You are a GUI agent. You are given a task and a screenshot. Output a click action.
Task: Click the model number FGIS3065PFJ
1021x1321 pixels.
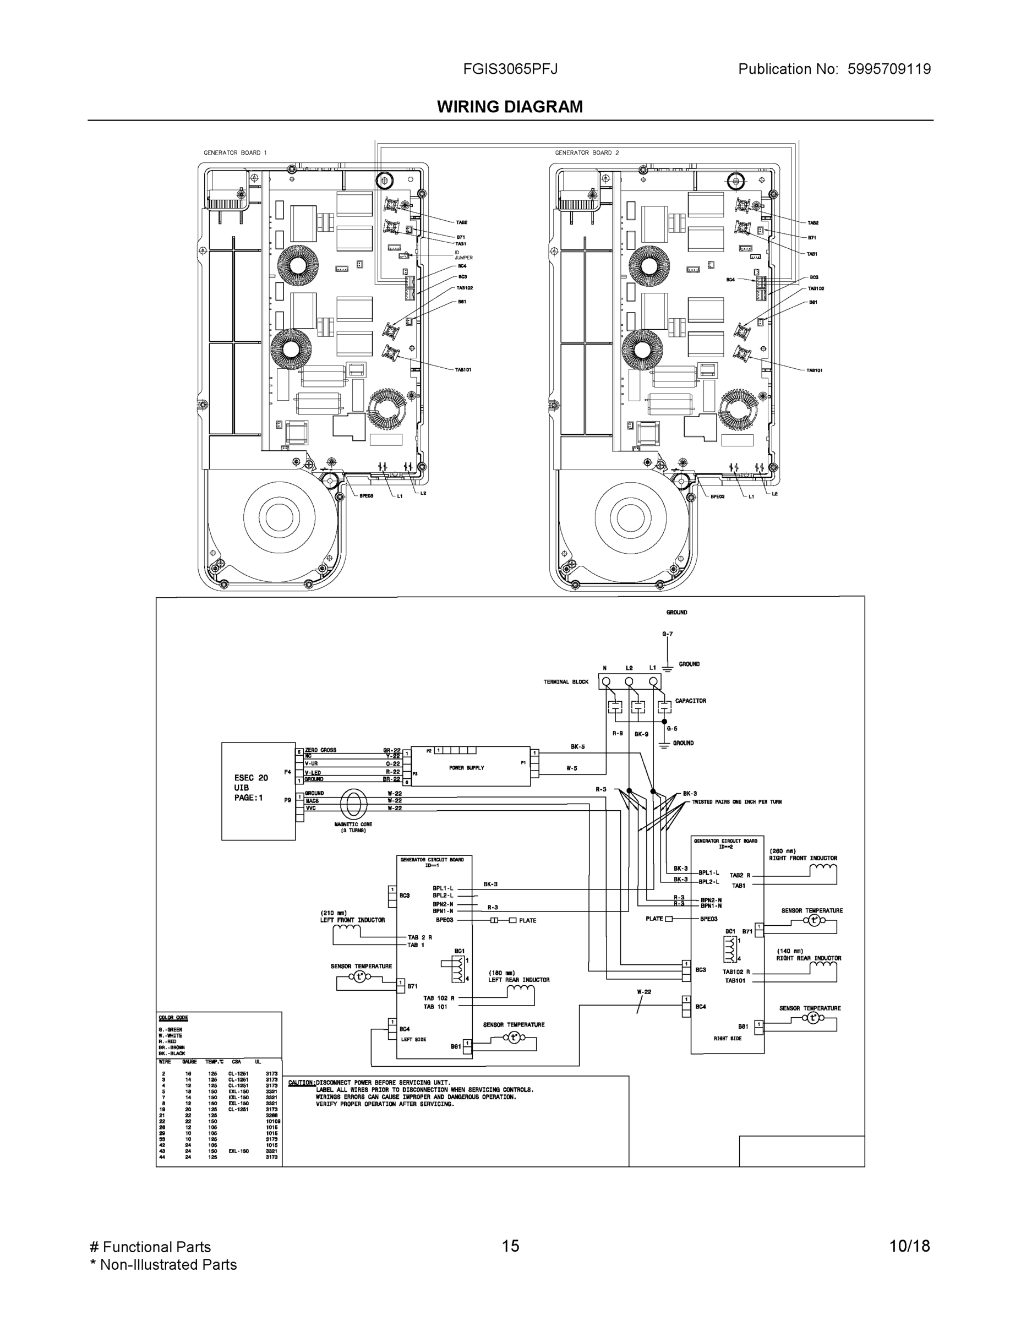[510, 69]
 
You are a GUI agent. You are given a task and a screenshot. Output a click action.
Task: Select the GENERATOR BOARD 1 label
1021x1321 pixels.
[234, 153]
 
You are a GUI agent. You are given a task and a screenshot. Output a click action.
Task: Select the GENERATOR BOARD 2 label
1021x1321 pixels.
[587, 153]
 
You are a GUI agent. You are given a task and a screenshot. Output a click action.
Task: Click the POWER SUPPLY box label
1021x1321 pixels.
[466, 768]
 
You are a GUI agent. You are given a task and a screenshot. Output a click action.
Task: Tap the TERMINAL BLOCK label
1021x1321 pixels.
[566, 681]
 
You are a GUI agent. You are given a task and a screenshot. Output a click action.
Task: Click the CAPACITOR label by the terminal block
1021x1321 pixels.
[690, 701]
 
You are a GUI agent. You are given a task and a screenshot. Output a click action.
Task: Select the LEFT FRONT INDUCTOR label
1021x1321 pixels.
[352, 920]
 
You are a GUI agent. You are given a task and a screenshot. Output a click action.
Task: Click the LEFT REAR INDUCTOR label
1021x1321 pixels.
[518, 980]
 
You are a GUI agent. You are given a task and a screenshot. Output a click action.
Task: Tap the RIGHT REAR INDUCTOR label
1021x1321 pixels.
[809, 958]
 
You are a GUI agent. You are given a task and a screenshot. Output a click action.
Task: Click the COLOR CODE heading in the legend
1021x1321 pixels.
[173, 1018]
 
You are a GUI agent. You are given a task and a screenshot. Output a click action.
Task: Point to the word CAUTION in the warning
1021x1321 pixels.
[301, 1083]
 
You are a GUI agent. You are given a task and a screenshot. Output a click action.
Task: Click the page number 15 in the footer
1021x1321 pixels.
[510, 1246]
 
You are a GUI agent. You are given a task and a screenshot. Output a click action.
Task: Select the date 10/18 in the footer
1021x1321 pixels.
[909, 1246]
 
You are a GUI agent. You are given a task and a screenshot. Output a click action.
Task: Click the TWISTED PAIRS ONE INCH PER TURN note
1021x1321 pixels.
[737, 802]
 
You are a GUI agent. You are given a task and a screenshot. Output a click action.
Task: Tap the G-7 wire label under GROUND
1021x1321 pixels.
[667, 634]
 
